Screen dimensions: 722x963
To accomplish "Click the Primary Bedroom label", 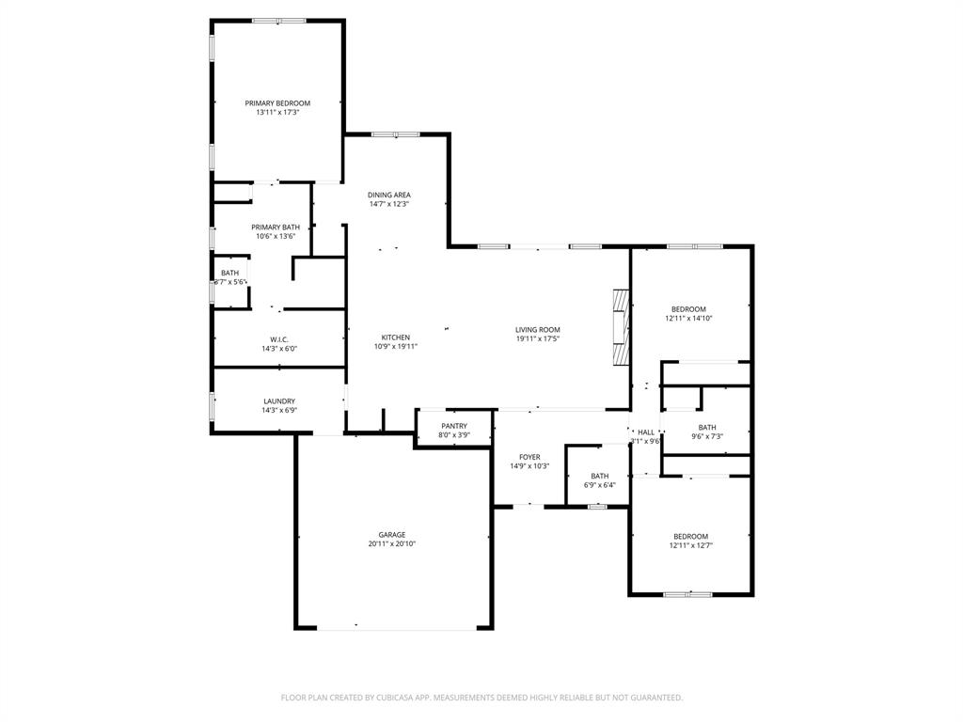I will pos(277,102).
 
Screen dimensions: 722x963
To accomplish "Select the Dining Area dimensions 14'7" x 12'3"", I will pos(389,204).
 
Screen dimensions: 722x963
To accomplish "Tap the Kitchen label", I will pos(395,337).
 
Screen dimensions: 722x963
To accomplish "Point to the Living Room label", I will pos(537,330).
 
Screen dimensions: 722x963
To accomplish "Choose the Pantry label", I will pos(454,426).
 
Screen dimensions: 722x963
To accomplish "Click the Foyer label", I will pos(529,457).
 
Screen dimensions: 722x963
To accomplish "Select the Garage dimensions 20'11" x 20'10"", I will pos(392,543).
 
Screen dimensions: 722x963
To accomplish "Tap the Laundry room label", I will pos(279,401).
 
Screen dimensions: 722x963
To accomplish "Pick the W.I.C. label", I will pos(278,339).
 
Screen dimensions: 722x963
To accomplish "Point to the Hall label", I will pos(646,432).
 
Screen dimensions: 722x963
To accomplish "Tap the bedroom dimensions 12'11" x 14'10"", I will pos(688,319).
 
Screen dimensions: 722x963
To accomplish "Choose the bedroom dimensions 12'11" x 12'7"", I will pos(690,545).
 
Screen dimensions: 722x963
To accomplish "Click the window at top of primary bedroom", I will pos(278,21).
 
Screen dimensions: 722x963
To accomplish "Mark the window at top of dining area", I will pos(395,134).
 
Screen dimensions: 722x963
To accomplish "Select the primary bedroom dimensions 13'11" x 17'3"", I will pos(277,112).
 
